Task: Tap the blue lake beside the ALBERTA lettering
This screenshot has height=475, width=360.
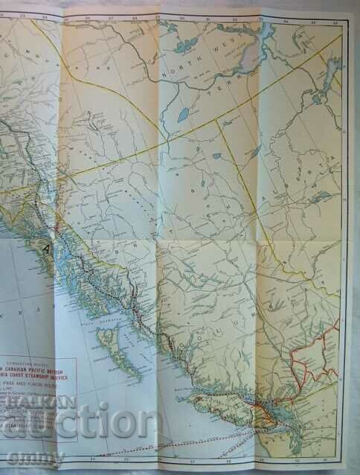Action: click(x=321, y=197)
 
